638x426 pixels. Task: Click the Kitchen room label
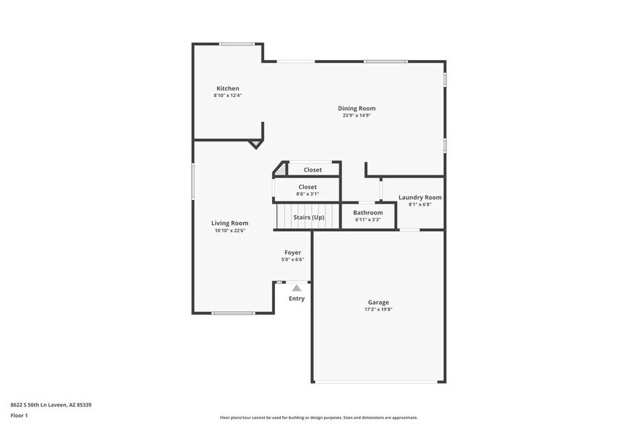click(227, 88)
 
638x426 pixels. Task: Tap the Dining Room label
click(357, 108)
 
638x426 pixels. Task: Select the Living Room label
click(229, 223)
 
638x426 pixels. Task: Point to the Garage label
click(378, 302)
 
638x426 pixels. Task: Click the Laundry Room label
click(420, 197)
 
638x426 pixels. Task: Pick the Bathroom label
click(367, 212)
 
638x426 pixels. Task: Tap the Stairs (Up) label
click(308, 217)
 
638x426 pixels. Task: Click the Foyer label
click(292, 252)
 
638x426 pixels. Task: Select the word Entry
click(297, 298)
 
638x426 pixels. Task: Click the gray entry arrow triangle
click(297, 288)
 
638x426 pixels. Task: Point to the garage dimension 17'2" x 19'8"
click(378, 309)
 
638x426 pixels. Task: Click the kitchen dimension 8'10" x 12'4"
click(227, 96)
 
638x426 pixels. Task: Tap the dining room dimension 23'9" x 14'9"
click(357, 115)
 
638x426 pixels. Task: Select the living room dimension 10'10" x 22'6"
click(229, 230)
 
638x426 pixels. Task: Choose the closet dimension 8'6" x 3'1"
click(307, 193)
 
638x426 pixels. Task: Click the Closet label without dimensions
click(312, 170)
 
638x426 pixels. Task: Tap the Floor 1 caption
click(19, 416)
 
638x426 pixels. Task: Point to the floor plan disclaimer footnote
click(318, 417)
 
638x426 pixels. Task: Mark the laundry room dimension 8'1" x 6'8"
click(420, 204)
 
